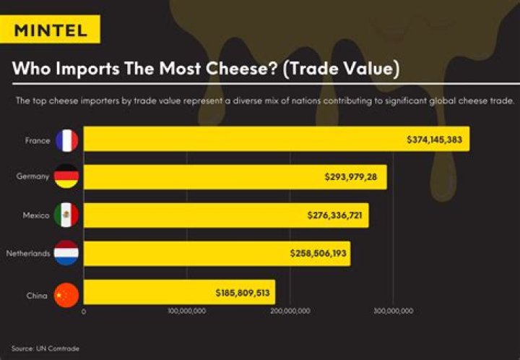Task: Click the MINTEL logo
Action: (x=51, y=30)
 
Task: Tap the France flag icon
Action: (x=66, y=140)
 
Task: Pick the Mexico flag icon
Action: (x=66, y=215)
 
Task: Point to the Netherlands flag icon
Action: (x=66, y=254)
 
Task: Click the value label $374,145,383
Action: (x=435, y=140)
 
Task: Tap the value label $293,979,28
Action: (x=353, y=177)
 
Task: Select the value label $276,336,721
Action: (x=335, y=215)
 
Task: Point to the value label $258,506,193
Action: (x=317, y=254)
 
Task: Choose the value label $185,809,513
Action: (x=243, y=293)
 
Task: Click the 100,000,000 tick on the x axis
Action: (x=186, y=312)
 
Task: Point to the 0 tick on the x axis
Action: (x=84, y=312)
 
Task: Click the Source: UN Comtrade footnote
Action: (x=45, y=348)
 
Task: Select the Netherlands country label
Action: (x=27, y=254)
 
